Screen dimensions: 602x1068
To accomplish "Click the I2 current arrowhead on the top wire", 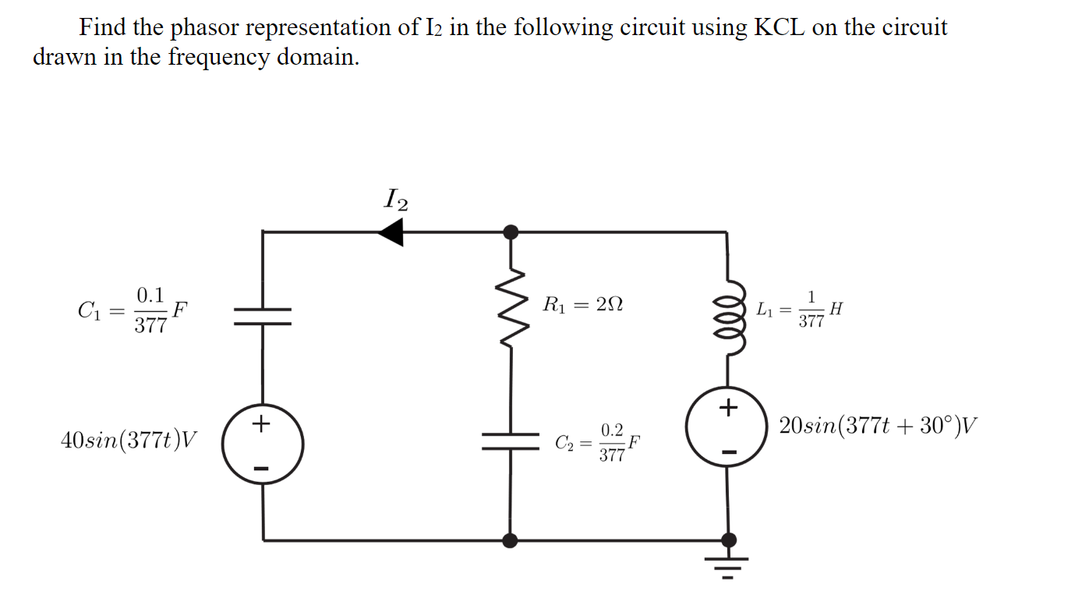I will (x=391, y=232).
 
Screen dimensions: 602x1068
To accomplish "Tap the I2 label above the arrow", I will (x=396, y=200).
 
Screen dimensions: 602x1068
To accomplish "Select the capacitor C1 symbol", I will (x=263, y=316).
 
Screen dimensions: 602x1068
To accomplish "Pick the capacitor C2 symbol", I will (x=511, y=441).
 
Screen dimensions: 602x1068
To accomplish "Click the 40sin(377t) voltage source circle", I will (x=263, y=445).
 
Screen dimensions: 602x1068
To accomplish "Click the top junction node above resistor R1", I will (x=511, y=232).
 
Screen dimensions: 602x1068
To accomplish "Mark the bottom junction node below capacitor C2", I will (x=511, y=540).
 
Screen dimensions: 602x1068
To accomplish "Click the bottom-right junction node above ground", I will (x=728, y=540).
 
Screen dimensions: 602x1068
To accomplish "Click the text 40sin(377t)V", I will (x=129, y=441).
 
